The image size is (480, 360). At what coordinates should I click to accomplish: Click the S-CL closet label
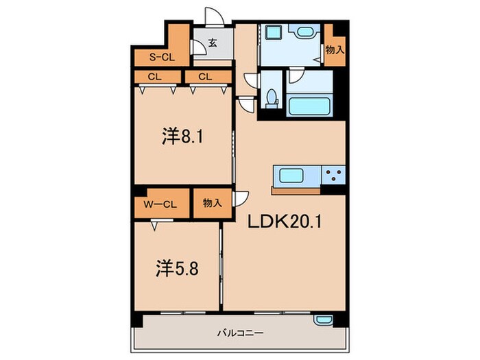click(x=162, y=58)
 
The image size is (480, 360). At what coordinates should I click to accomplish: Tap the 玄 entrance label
click(x=213, y=43)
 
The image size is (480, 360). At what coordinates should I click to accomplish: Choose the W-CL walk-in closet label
click(x=162, y=204)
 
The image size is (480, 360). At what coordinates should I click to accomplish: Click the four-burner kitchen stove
click(x=333, y=176)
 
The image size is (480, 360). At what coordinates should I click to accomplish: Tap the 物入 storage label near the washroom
click(x=334, y=50)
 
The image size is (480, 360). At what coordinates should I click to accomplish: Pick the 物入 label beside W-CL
click(x=212, y=204)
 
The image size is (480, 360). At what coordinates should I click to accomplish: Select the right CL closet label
click(x=205, y=77)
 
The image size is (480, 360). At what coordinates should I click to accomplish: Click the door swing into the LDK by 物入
click(x=240, y=198)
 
